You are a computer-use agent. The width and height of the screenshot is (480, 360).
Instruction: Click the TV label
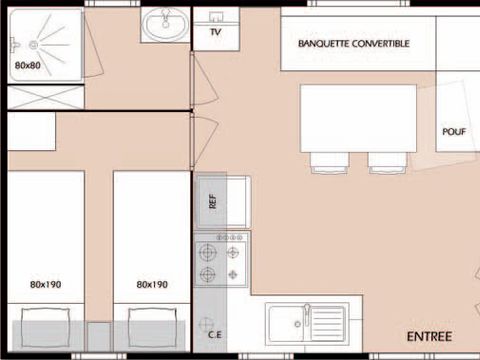[215, 32]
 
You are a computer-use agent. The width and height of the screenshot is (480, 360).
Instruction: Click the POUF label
[454, 131]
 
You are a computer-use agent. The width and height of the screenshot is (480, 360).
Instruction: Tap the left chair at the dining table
[328, 161]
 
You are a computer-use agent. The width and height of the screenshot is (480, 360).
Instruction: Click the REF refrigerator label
[211, 199]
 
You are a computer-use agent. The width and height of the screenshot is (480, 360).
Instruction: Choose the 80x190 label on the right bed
[151, 284]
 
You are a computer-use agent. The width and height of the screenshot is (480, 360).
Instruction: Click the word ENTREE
[429, 335]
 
